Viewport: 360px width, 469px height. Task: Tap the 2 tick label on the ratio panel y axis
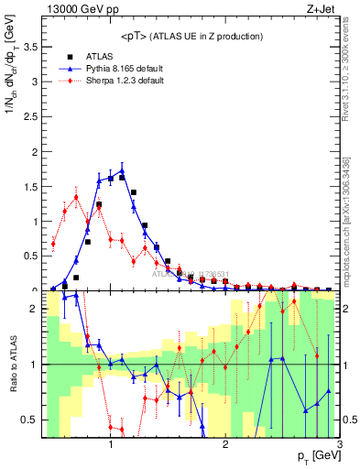tap(33, 309)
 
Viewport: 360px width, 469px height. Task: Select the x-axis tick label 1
tap(111, 443)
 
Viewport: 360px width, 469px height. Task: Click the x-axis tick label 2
tap(225, 443)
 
